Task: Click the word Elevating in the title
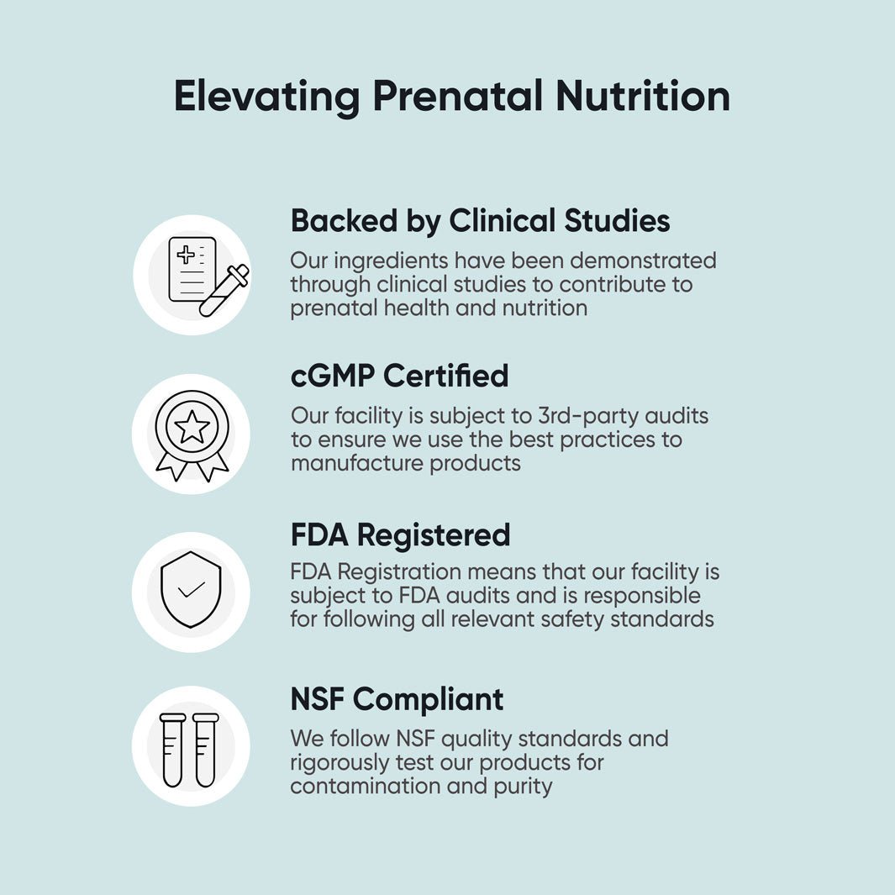tap(266, 96)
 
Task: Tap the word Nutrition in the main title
tap(642, 96)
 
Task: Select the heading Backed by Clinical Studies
tap(480, 221)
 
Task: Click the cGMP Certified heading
tap(399, 376)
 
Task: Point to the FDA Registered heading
tap(400, 535)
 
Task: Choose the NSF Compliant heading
tap(397, 699)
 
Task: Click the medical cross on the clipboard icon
tap(186, 255)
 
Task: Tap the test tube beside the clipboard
tap(224, 291)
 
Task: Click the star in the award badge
tap(192, 426)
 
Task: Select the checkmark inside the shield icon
tap(192, 590)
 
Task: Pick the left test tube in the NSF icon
tap(173, 749)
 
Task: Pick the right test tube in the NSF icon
tap(205, 749)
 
